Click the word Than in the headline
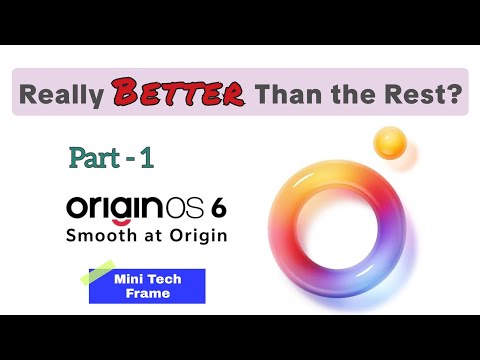286,96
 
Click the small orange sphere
388,142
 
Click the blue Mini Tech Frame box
147,286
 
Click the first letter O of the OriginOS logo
78,208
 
